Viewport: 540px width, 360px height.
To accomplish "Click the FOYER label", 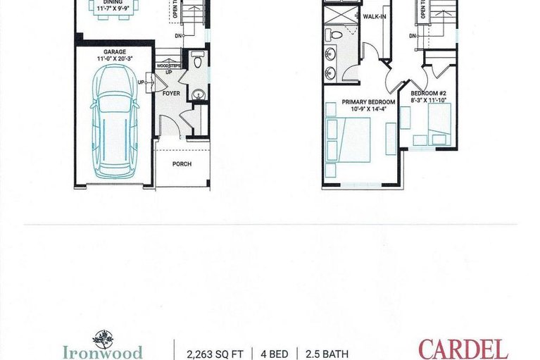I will point(171,92).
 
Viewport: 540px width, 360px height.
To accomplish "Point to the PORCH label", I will point(182,163).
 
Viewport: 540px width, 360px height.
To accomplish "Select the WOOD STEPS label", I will point(169,66).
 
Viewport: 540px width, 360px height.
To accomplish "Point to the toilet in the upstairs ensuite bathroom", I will point(337,34).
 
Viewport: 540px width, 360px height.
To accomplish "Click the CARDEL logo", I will point(463,349).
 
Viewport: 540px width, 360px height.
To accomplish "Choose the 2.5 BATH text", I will point(325,353).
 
